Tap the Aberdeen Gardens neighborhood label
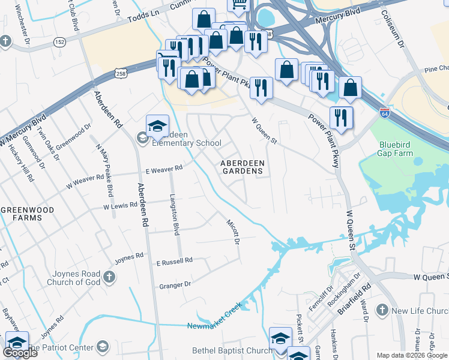point(241,167)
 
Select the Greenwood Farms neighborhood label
point(27,214)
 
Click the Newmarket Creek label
point(214,319)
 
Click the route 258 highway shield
point(120,73)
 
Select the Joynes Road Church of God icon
point(109,277)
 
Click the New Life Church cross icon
point(382,310)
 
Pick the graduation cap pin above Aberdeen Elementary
point(157,125)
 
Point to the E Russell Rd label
point(174,261)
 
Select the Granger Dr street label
point(175,284)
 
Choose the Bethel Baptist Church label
point(232,350)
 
